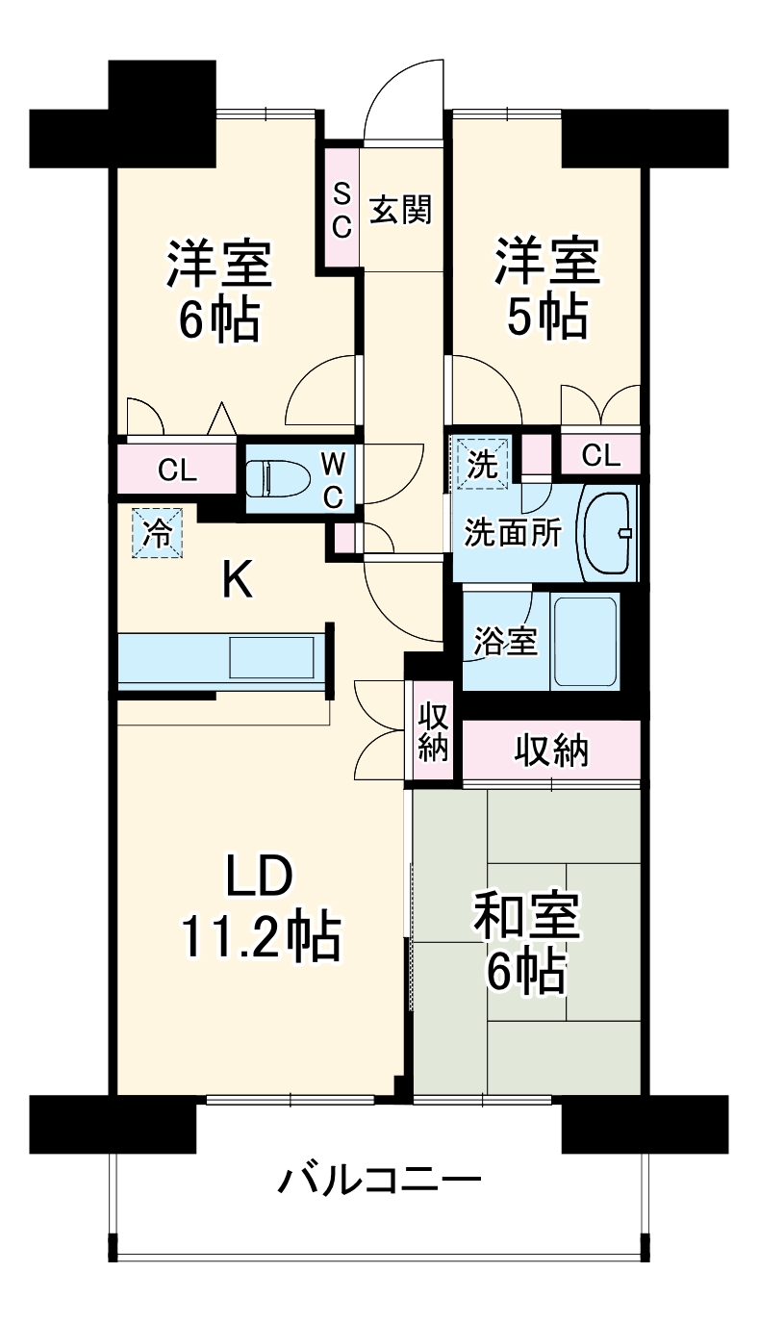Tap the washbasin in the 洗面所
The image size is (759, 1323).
(608, 533)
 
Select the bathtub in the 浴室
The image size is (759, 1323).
(583, 641)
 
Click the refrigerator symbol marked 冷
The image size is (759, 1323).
(155, 532)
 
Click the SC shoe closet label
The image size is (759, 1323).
(342, 211)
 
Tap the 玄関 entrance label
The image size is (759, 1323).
(400, 210)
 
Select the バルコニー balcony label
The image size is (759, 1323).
(379, 1179)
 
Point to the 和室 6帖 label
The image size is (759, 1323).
(525, 947)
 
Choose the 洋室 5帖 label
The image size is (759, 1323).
(547, 289)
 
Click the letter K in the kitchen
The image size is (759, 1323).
(238, 580)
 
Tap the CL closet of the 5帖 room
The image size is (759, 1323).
(600, 455)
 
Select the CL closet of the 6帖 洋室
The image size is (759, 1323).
(178, 471)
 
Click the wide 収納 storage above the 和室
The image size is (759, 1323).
(550, 751)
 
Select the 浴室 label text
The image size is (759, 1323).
(506, 642)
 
